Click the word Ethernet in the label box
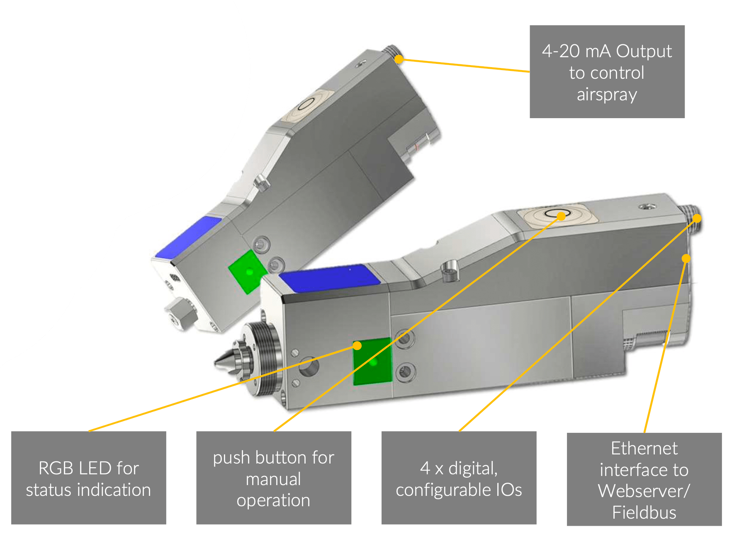644,449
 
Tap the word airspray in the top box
607,95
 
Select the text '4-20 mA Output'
607,51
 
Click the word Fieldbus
644,513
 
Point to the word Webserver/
644,491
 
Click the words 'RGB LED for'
88,469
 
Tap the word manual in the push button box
273,479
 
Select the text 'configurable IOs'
459,490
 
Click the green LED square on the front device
372,362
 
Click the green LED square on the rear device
248,272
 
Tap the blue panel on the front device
330,277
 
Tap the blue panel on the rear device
189,236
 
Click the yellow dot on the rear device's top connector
399,59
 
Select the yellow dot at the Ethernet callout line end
686,259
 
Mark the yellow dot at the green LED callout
357,345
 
